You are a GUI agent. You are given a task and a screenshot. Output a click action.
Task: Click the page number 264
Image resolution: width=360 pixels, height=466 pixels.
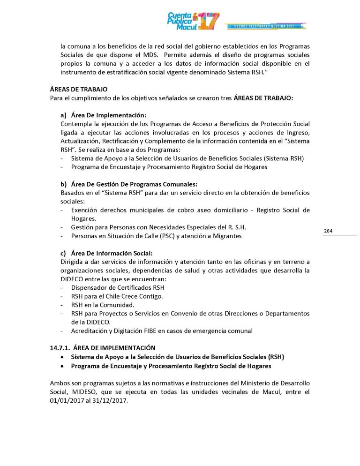[x=328, y=231]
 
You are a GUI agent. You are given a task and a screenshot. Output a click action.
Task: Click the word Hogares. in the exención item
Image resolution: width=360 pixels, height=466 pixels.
[x=84, y=218]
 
